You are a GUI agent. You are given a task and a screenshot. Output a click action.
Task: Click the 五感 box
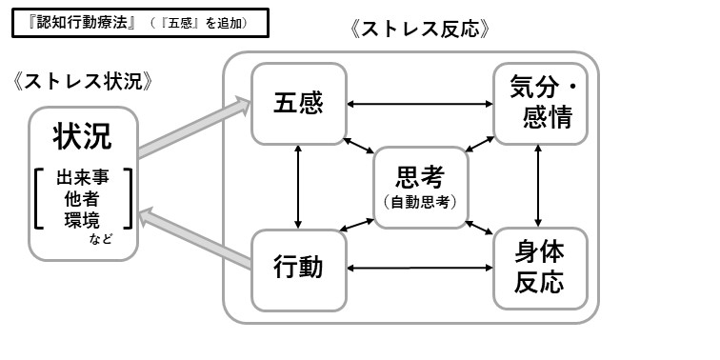click(x=298, y=103)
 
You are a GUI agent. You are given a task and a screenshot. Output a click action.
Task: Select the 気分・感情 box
click(x=539, y=103)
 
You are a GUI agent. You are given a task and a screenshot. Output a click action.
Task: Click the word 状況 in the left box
click(x=83, y=136)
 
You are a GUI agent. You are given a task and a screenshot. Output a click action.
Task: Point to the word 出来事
click(x=83, y=177)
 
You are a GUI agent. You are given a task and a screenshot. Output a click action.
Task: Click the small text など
click(x=102, y=239)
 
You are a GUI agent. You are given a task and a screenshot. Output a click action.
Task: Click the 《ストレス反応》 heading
click(x=420, y=29)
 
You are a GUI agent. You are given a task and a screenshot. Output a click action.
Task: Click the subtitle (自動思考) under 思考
click(x=420, y=202)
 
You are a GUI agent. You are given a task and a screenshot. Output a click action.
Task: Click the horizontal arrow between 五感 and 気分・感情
click(x=419, y=103)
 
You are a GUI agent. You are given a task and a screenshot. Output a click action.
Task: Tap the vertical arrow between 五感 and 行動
click(x=299, y=186)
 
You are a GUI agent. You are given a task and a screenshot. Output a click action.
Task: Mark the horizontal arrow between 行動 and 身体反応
click(x=419, y=268)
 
